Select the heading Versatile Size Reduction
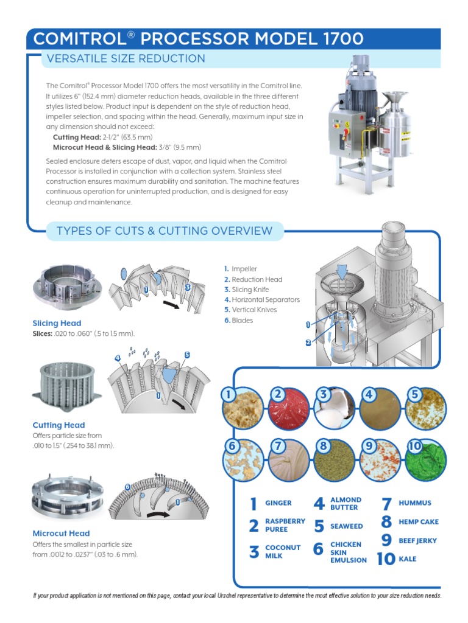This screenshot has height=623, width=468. tap(122, 59)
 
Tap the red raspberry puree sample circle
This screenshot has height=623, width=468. tap(288, 408)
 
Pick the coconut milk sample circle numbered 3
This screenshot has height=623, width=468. tap(335, 408)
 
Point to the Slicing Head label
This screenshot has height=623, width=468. tap(57, 323)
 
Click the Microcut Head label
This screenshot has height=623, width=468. tap(61, 533)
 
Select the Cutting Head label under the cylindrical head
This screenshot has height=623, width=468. tap(58, 425)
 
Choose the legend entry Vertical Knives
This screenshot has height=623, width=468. tap(254, 310)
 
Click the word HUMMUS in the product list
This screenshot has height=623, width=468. tap(414, 503)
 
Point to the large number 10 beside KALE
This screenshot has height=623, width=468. tap(386, 559)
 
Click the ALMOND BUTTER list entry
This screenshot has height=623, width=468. tap(346, 503)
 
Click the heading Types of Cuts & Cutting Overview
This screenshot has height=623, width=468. tap(164, 231)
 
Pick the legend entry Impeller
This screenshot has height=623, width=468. tap(244, 269)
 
